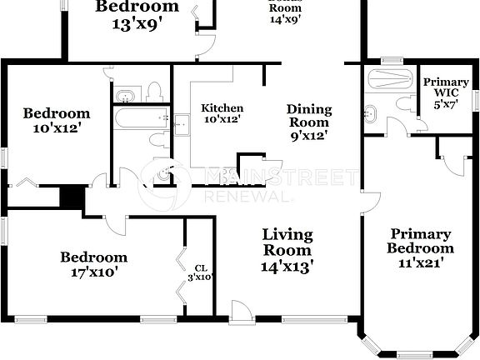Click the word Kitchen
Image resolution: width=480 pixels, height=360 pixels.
(x=222, y=108)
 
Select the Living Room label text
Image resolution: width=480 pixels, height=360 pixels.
(x=287, y=242)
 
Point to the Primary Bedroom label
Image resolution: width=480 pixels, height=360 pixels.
(x=421, y=241)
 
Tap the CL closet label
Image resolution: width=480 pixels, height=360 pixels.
(x=200, y=268)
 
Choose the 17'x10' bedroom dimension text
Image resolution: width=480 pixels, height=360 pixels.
(x=93, y=272)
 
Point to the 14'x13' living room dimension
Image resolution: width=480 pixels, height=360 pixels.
(x=287, y=267)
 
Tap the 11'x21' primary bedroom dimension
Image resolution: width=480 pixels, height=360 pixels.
(x=421, y=262)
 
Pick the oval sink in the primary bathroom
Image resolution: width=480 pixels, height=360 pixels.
(x=372, y=112)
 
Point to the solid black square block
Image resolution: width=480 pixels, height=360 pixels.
(x=73, y=197)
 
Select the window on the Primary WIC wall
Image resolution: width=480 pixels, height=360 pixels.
(x=477, y=99)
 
